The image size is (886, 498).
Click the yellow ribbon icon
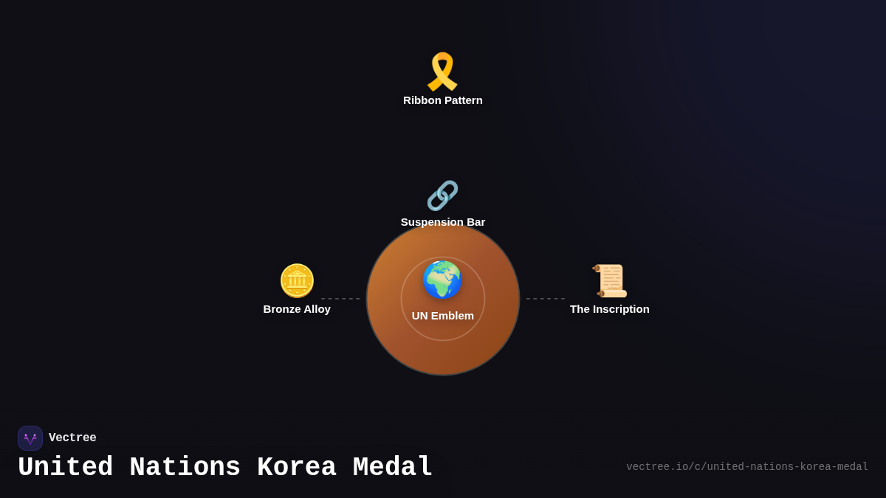pyautogui.click(x=442, y=72)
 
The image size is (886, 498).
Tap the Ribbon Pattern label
pyautogui.click(x=443, y=100)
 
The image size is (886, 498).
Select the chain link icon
pyautogui.click(x=442, y=196)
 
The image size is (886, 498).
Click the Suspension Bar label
pyautogui.click(x=443, y=222)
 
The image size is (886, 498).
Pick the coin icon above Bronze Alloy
pyautogui.click(x=297, y=281)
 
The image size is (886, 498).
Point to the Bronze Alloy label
pyautogui.click(x=297, y=309)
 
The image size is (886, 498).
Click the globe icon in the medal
pyautogui.click(x=442, y=280)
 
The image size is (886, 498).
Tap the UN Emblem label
pyautogui.click(x=443, y=316)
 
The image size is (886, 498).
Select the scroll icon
pyautogui.click(x=610, y=281)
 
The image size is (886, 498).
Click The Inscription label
pyautogui.click(x=610, y=309)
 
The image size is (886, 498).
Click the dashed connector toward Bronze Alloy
pyautogui.click(x=340, y=299)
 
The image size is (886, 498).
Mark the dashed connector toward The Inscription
pyautogui.click(x=546, y=299)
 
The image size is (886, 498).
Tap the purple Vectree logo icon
pyautogui.click(x=30, y=438)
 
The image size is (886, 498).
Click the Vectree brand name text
pyautogui.click(x=72, y=438)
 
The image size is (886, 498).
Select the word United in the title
pyautogui.click(x=65, y=468)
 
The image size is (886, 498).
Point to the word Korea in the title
pyautogui.click(x=296, y=468)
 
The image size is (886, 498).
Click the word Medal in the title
pyautogui.click(x=392, y=468)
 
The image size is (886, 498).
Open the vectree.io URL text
pyautogui.click(x=747, y=467)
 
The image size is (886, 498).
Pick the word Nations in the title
pyautogui.click(x=185, y=468)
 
